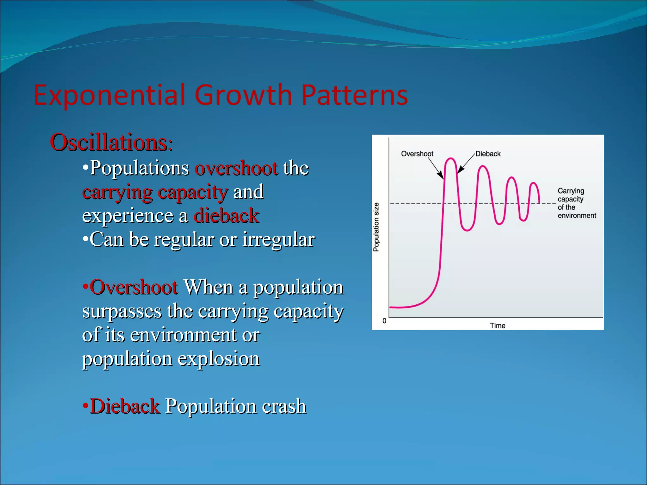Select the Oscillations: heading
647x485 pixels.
(x=111, y=142)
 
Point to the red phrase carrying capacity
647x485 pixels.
(x=155, y=192)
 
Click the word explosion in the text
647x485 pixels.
(x=219, y=359)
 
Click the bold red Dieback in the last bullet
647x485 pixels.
(x=125, y=406)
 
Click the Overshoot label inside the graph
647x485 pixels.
(x=417, y=154)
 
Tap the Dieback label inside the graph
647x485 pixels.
(x=488, y=154)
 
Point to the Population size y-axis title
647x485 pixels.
(x=376, y=227)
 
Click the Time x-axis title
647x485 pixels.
(x=498, y=326)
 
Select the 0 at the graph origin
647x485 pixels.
(x=384, y=321)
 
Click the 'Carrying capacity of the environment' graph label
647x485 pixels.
(x=576, y=203)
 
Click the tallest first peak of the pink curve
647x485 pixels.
(x=450, y=159)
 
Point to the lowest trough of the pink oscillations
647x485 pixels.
(x=467, y=230)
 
